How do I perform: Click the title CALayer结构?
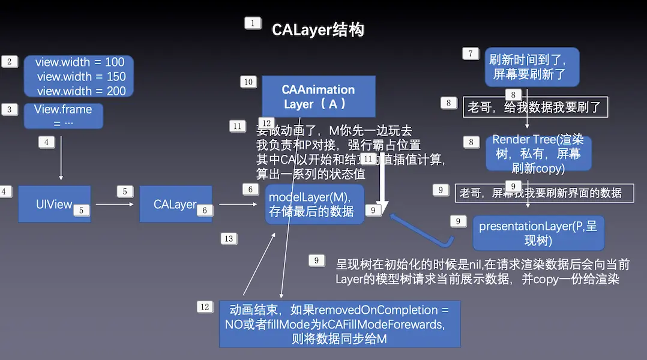[317, 30]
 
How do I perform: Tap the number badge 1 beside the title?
[253, 23]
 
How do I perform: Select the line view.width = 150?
[81, 77]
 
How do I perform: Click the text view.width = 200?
[81, 91]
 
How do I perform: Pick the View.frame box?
[63, 116]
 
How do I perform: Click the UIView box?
[54, 204]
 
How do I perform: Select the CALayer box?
[175, 204]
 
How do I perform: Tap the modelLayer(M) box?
[314, 204]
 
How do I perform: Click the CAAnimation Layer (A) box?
[318, 96]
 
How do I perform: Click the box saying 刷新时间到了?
[532, 67]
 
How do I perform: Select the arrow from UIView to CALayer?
[115, 204]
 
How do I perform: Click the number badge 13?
[228, 239]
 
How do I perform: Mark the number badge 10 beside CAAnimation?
[248, 82]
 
